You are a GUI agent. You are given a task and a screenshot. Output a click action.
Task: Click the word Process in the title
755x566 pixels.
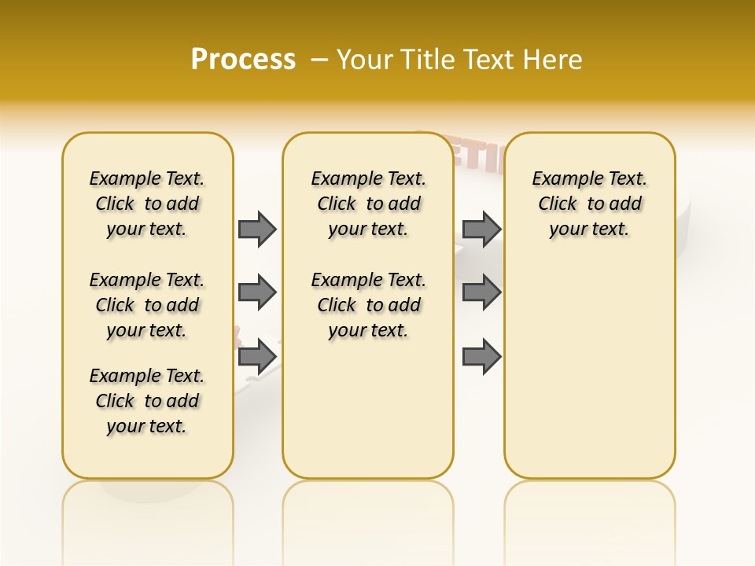coord(243,59)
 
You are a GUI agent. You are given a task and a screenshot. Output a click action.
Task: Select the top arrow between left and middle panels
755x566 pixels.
coord(257,229)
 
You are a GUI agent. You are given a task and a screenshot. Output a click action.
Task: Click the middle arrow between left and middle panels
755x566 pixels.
coord(257,292)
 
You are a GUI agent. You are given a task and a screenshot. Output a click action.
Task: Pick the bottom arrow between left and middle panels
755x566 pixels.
coord(257,357)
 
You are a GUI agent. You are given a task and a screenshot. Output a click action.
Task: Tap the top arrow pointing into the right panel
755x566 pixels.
coord(482,229)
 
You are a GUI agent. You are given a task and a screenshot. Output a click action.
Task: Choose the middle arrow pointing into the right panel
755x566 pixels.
coord(482,292)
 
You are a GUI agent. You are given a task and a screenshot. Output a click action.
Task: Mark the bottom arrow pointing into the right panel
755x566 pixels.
coord(482,357)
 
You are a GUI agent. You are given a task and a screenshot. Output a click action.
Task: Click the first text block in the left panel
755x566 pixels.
coord(147,204)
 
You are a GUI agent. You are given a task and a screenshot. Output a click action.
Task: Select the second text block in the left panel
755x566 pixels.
coord(147,305)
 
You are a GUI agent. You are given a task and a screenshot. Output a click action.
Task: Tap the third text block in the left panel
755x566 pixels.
coord(147,401)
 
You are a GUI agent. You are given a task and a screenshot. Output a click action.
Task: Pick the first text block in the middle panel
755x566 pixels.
coord(368,204)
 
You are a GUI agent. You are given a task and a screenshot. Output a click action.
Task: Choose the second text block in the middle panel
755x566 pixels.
coord(368,305)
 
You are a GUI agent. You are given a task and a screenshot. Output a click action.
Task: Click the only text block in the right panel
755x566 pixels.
coord(589,204)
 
